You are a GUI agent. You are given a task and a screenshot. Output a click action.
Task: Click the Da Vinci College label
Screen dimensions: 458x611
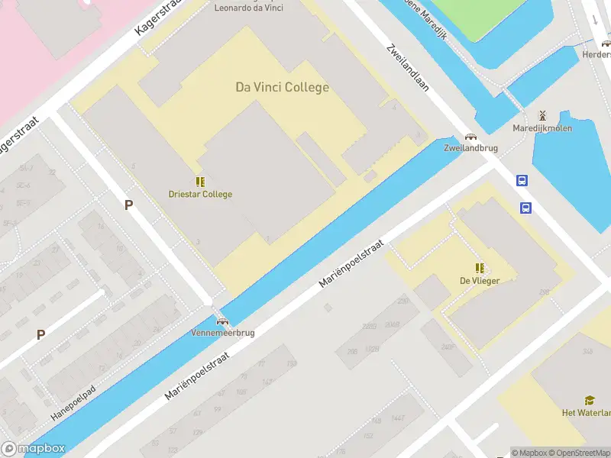click(282, 87)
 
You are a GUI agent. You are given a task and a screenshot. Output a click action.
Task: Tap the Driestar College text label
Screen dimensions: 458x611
click(200, 194)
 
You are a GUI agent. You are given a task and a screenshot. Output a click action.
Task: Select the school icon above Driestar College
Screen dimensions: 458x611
click(200, 182)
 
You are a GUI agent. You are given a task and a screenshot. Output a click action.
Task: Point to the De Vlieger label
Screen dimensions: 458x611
click(480, 280)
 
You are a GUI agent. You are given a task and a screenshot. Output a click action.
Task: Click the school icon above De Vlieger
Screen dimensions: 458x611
click(480, 268)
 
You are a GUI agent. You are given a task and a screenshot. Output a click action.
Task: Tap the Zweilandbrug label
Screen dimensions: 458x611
click(466, 148)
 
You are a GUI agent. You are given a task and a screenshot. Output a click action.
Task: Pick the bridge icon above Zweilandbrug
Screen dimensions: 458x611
click(470, 137)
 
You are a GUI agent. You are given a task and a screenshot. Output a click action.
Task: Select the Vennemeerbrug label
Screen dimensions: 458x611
click(223, 333)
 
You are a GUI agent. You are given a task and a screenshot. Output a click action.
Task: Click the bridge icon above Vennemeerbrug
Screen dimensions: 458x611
click(222, 321)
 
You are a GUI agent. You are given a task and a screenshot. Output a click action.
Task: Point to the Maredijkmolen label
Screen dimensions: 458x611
click(542, 128)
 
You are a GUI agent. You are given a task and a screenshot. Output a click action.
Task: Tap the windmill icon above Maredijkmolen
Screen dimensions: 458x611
click(542, 115)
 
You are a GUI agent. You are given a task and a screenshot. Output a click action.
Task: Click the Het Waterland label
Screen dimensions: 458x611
click(586, 413)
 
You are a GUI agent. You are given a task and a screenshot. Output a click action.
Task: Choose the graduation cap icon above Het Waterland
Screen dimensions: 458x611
click(590, 400)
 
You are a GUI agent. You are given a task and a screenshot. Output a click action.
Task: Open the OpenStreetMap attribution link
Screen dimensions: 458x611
click(579, 453)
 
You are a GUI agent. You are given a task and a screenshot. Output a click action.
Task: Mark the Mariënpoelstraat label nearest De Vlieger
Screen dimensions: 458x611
click(351, 262)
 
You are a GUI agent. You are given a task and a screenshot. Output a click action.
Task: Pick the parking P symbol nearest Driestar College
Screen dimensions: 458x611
click(128, 205)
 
